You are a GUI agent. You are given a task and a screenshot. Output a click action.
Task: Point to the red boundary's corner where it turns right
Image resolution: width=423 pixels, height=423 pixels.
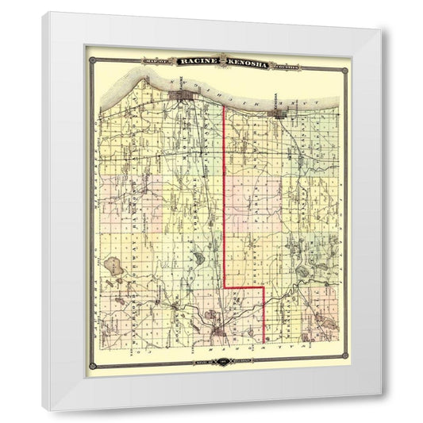225,286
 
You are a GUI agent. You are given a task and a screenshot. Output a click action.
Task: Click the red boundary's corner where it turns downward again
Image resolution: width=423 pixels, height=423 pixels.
263,286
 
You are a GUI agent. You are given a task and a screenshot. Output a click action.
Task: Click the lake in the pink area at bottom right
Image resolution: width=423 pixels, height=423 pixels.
323,321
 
